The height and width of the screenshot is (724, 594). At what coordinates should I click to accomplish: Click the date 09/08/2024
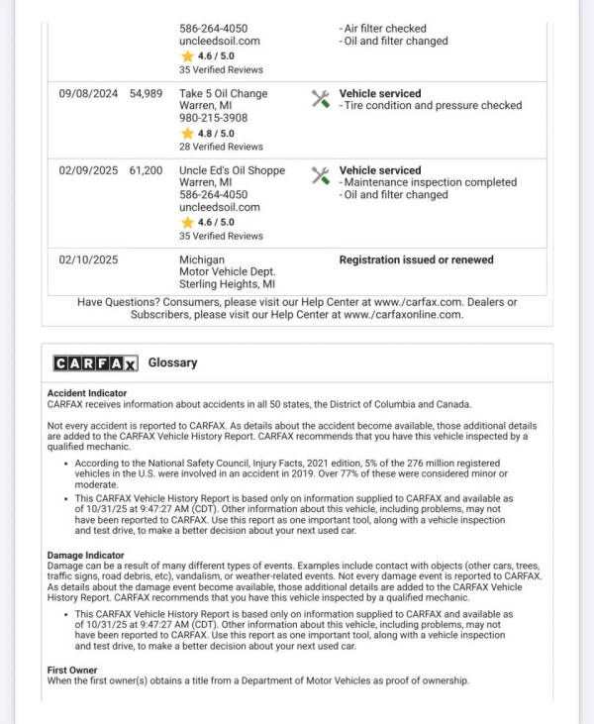pos(88,93)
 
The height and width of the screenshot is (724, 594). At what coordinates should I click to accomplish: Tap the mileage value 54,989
pos(146,93)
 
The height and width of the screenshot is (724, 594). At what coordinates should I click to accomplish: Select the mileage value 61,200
pos(146,170)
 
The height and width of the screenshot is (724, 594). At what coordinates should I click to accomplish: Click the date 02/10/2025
pos(88,259)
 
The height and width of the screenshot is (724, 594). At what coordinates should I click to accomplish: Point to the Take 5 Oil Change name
pos(223,93)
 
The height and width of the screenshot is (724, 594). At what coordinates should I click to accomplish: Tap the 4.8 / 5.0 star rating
pos(208,133)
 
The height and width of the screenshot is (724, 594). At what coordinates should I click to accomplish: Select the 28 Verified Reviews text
pos(221,147)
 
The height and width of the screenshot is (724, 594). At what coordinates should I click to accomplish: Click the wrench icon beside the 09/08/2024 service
pos(320,98)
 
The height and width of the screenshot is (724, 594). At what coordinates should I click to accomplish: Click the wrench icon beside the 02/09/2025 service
pos(320,175)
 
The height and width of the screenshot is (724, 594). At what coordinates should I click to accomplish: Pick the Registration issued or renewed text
pos(416,259)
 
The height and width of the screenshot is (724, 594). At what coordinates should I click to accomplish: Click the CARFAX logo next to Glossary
pos(95,363)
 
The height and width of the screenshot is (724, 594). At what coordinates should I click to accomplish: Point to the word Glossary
pos(172,362)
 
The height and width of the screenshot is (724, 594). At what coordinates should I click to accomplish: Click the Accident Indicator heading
pos(87,393)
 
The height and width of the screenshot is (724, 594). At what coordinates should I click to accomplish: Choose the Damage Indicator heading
pos(85,556)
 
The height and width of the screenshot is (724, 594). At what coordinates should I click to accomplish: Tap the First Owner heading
pos(72,671)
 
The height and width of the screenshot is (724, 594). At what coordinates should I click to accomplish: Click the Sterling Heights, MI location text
pos(227,284)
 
